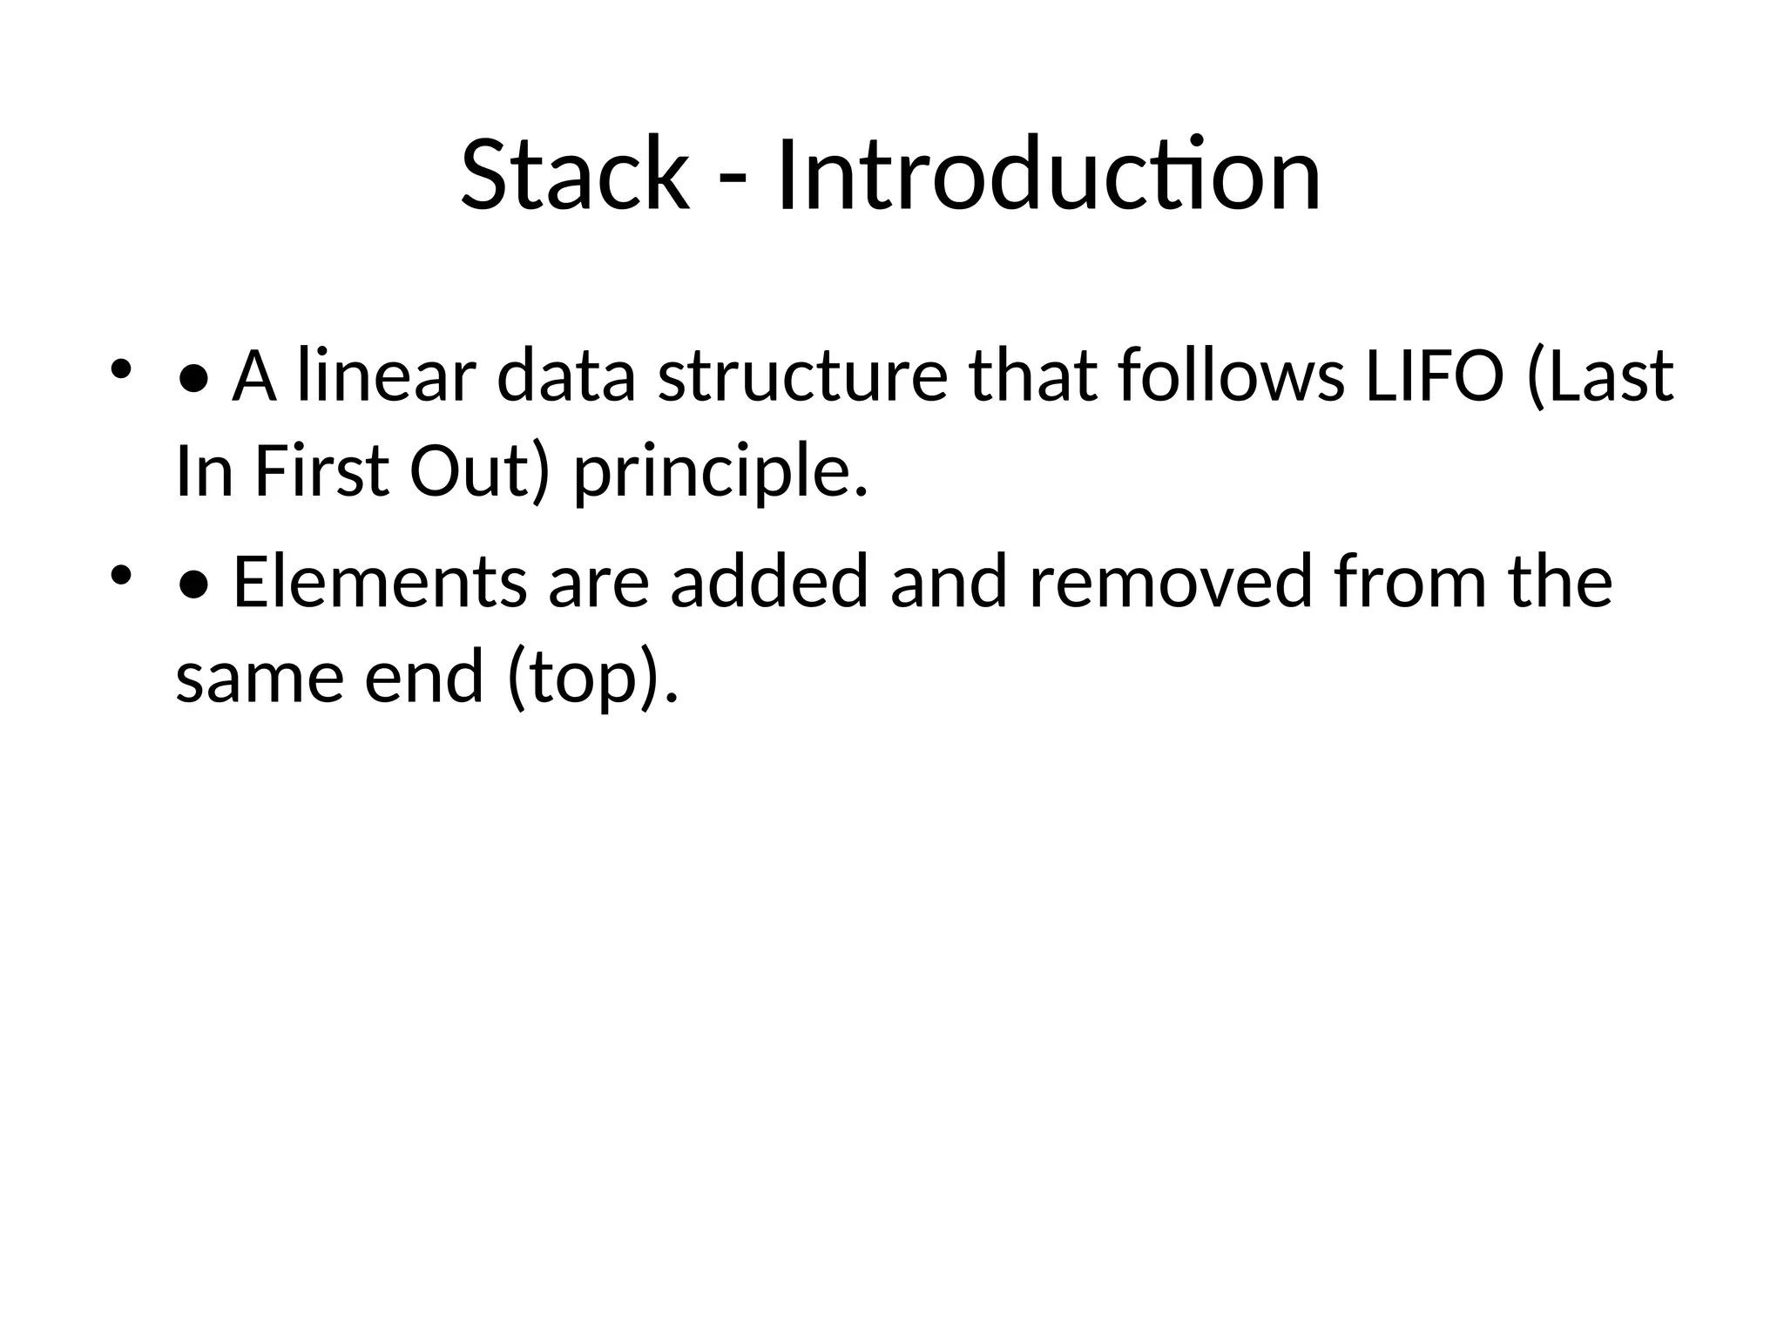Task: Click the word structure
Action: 802,376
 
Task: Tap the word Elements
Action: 380,582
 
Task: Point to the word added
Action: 769,582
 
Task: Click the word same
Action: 260,678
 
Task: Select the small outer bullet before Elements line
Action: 120,575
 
